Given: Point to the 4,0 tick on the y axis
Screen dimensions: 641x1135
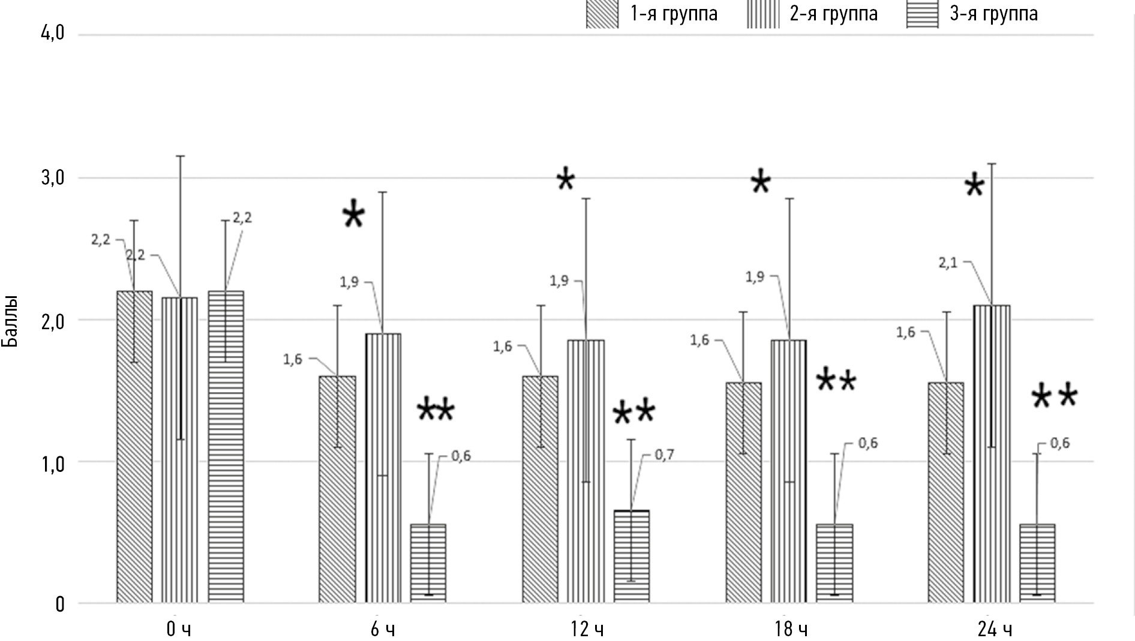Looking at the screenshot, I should [52, 34].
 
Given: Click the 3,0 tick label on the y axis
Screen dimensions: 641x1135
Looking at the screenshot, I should [52, 178].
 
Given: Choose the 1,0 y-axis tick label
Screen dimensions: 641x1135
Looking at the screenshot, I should [52, 462].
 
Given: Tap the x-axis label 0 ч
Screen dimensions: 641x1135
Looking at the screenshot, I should [179, 630].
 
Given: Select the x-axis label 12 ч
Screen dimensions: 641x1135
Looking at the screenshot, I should [587, 630].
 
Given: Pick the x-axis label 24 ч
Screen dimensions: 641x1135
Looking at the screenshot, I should [994, 630].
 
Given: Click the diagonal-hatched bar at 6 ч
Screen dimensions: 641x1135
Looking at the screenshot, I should [337, 489].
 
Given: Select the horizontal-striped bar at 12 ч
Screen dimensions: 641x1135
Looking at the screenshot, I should [631, 556].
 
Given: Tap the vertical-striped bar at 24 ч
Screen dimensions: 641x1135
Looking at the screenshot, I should [992, 453].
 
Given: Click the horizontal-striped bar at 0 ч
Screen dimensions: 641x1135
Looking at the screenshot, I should [226, 446].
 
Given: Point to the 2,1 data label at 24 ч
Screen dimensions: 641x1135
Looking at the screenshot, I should [948, 263].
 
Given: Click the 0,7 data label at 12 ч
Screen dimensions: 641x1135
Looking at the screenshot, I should [664, 455].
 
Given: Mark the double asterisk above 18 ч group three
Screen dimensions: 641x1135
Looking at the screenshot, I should [836, 381].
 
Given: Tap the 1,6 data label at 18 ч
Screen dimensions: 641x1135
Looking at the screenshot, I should [699, 341].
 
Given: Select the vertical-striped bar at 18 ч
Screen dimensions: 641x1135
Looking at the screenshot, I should [788, 471].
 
